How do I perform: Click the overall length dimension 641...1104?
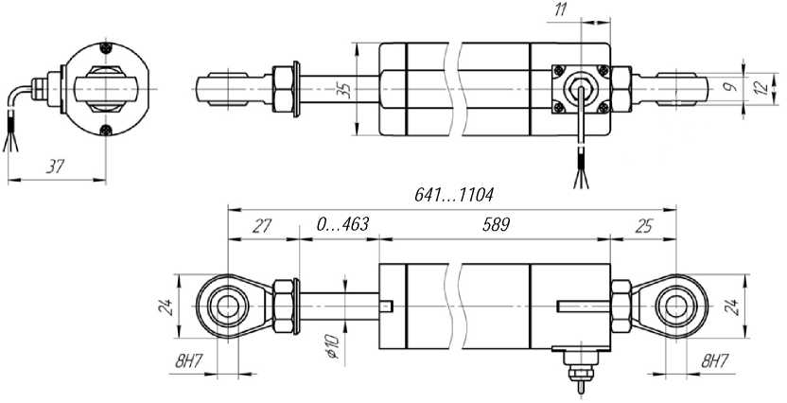tap(453, 195)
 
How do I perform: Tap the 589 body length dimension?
tap(496, 225)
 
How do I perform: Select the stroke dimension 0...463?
tap(342, 224)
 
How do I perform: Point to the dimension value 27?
tap(261, 226)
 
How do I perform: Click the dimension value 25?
tap(643, 226)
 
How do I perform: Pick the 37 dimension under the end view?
tap(55, 166)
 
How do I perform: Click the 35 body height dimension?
tap(343, 89)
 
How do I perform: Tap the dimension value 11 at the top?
tap(561, 10)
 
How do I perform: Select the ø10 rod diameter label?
tap(333, 346)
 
